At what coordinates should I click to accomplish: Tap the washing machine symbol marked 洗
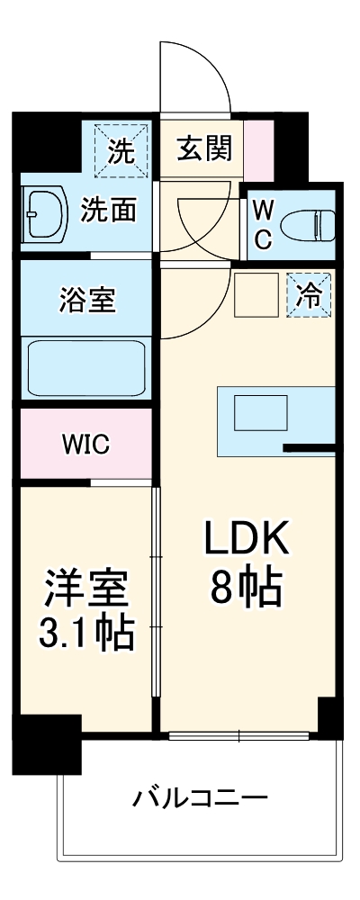(121, 149)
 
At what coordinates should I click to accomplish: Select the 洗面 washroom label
(109, 211)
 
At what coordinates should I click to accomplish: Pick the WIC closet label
(86, 443)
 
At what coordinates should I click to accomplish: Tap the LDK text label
(247, 539)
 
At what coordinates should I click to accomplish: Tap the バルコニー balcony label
(201, 796)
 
